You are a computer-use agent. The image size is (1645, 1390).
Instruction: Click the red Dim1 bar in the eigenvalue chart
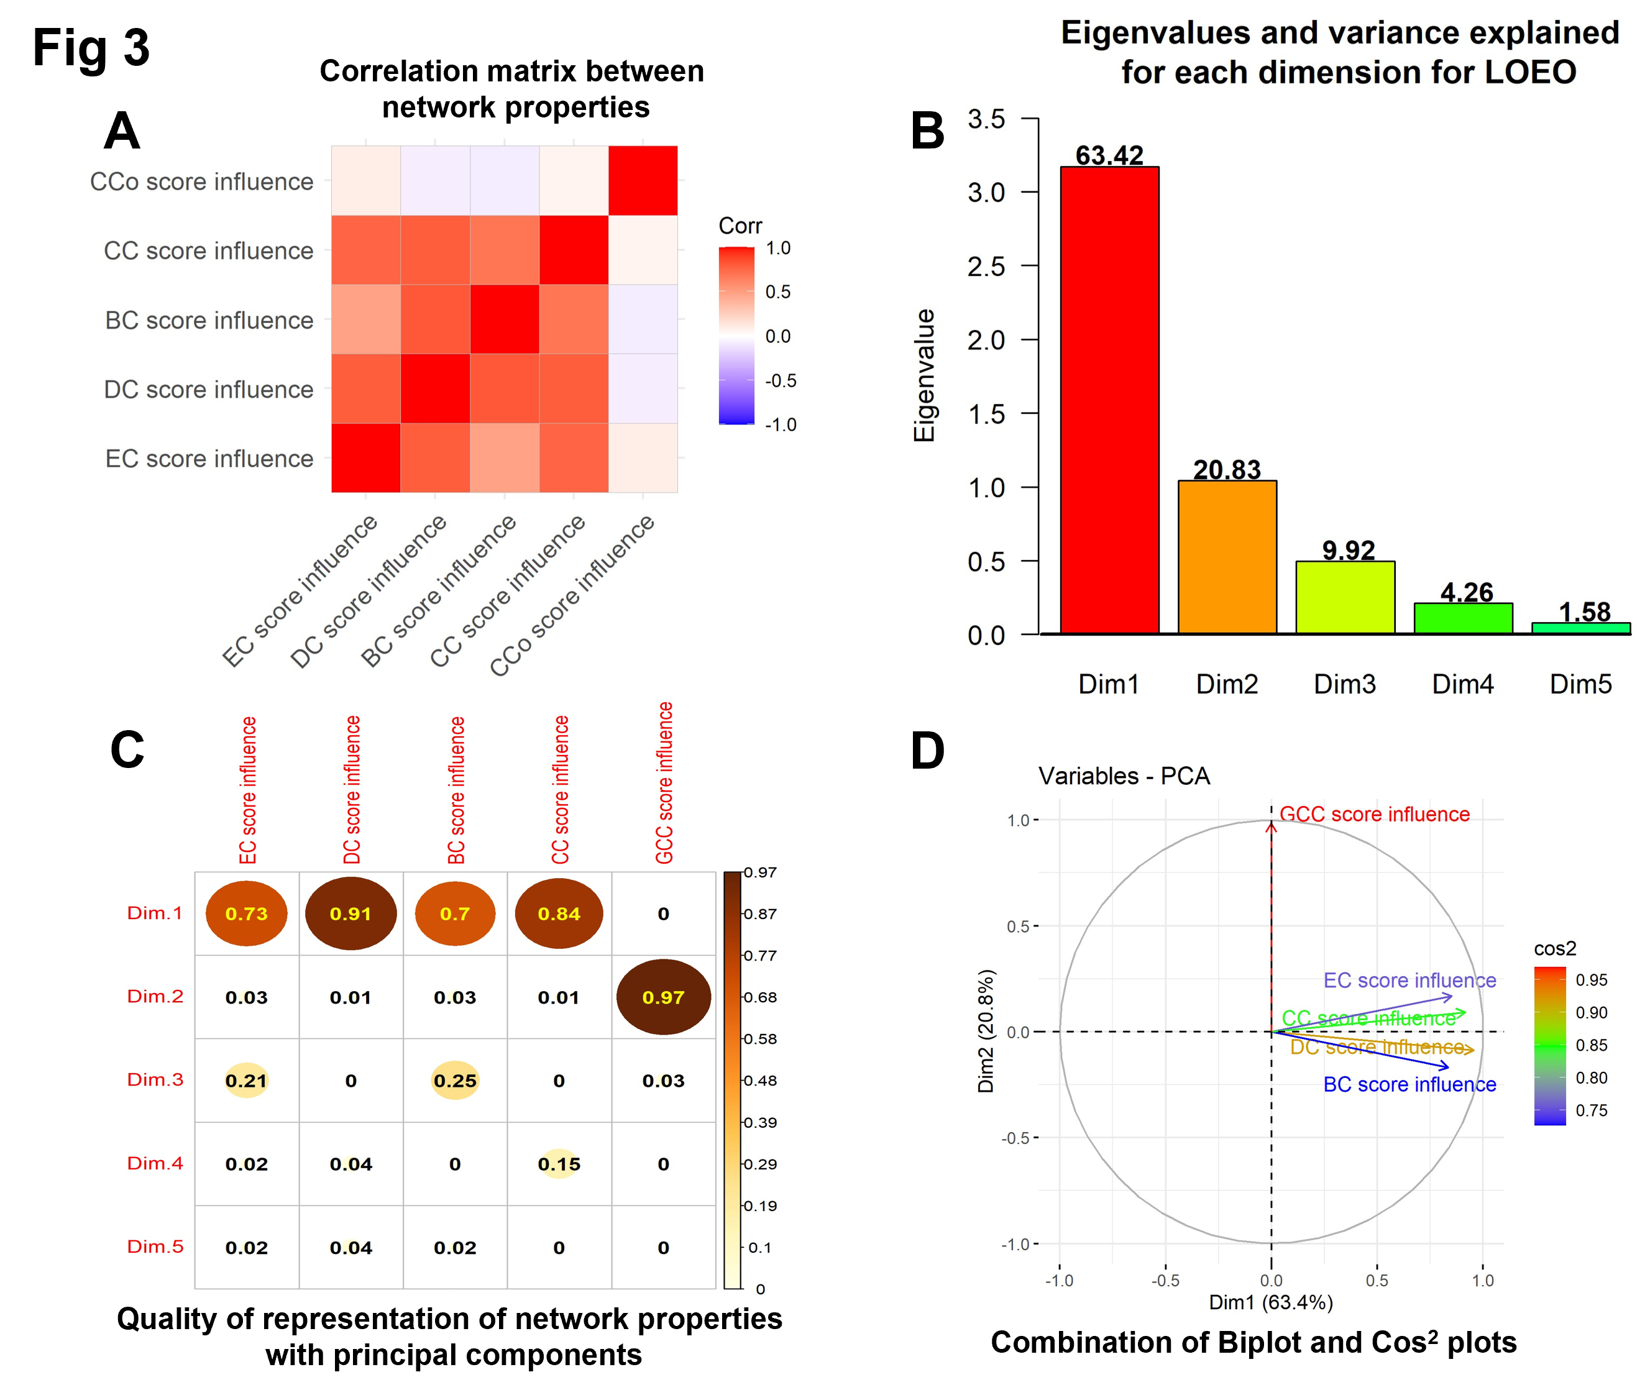tap(1109, 400)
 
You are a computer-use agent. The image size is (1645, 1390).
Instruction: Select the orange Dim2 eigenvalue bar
tap(1227, 557)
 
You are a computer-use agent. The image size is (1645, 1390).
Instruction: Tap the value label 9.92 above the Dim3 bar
tap(1349, 549)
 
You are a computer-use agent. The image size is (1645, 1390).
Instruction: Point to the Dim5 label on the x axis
tap(1580, 684)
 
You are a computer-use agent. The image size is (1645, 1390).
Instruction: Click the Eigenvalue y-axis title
tap(923, 375)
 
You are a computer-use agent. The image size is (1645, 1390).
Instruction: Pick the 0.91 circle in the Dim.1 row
tap(351, 913)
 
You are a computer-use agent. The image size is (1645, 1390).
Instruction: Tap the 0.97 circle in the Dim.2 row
tap(663, 997)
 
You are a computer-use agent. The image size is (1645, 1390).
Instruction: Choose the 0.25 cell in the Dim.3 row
tap(455, 1081)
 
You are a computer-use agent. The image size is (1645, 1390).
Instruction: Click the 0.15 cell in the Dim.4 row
tap(559, 1164)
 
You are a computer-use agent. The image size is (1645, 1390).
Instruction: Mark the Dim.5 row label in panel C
tap(155, 1246)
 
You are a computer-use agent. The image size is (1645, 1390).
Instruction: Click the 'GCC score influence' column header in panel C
tap(664, 782)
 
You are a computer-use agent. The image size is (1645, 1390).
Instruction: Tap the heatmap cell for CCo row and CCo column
tap(643, 180)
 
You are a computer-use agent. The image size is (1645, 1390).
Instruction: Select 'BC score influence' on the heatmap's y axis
tap(209, 320)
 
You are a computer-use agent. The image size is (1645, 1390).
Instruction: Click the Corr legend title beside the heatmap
tap(740, 226)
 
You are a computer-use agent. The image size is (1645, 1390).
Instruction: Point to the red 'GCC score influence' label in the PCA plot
tap(1374, 814)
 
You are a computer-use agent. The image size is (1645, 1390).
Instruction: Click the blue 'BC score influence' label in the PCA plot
tap(1409, 1084)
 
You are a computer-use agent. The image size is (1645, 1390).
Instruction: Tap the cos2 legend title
tap(1554, 948)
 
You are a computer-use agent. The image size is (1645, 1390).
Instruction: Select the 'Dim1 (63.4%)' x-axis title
tap(1271, 1302)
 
